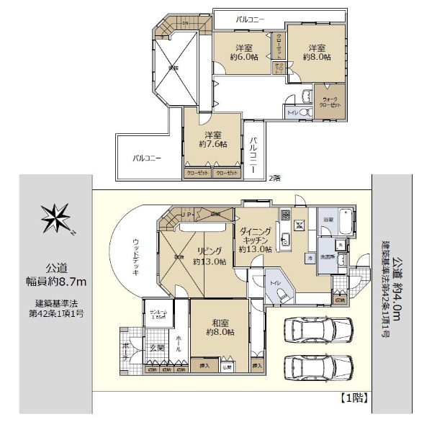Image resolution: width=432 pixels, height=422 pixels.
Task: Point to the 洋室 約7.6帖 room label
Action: (211, 140)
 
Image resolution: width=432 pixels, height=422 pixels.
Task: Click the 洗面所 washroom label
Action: (328, 256)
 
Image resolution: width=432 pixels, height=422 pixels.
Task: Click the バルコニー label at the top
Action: (250, 19)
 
